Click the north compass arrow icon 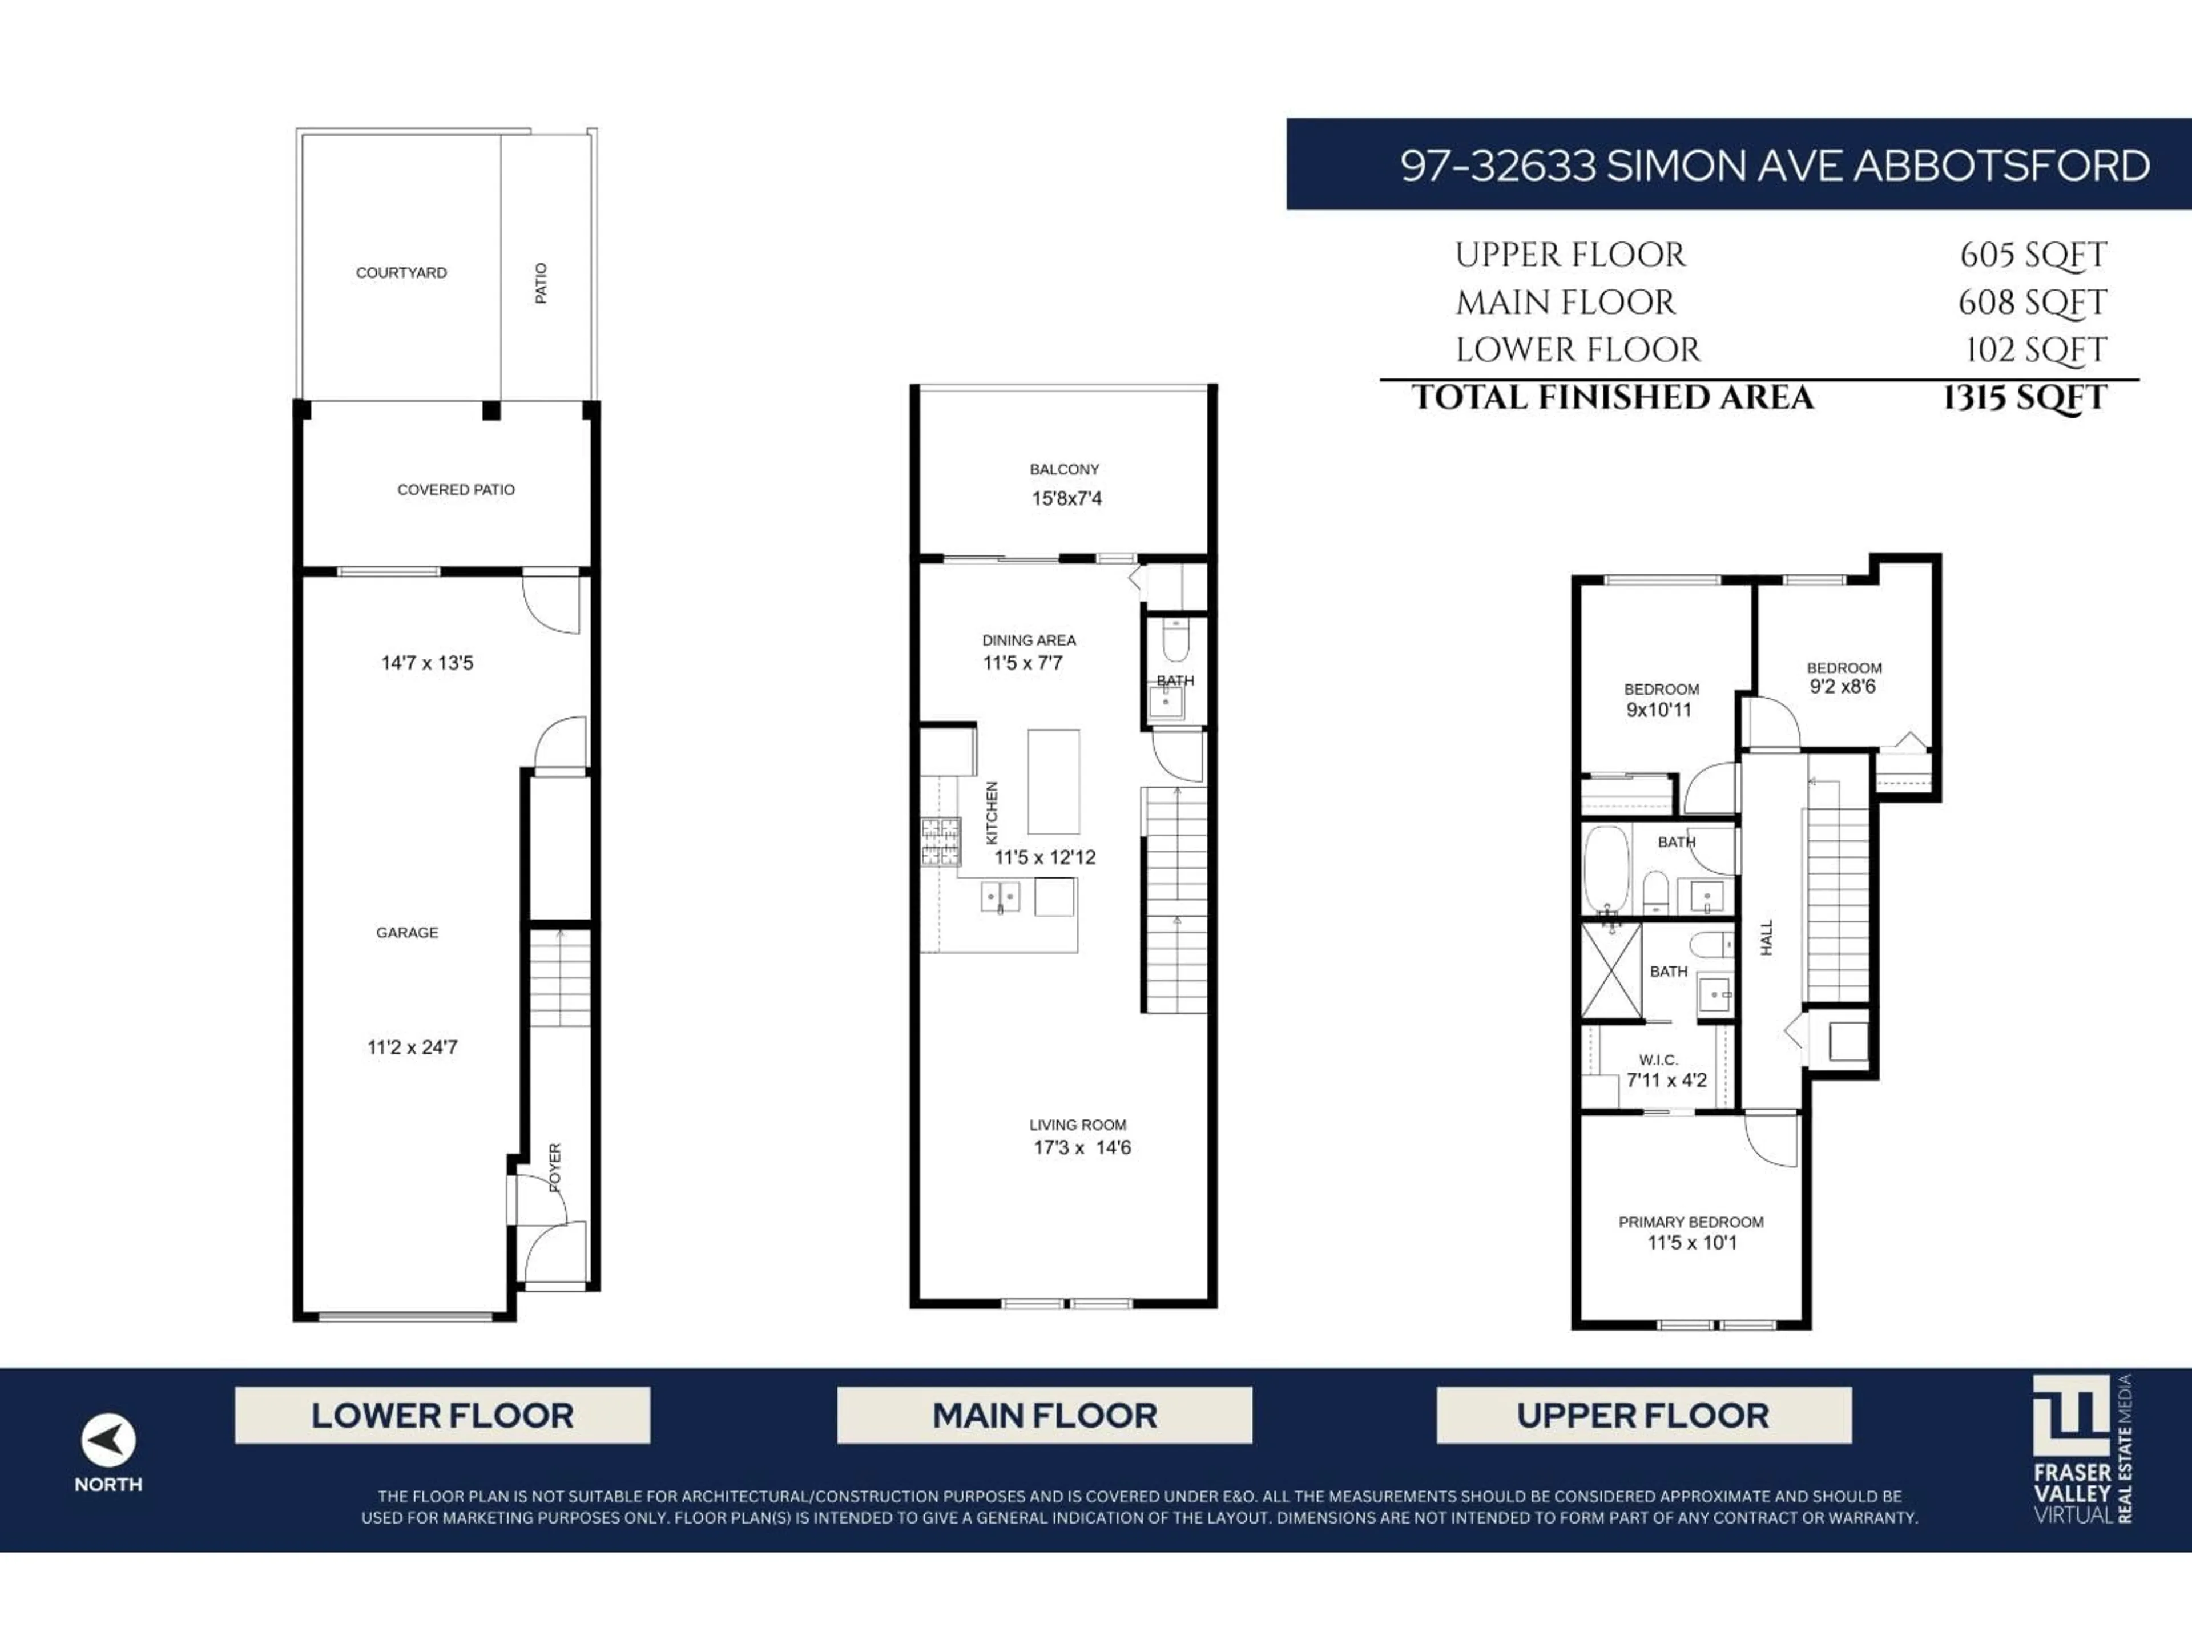[108, 1440]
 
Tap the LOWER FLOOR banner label [442, 1415]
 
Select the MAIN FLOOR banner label [1045, 1415]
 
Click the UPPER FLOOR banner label [1643, 1415]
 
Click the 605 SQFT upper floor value [2033, 255]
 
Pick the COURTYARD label [401, 272]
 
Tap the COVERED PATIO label [456, 490]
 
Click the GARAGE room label [406, 933]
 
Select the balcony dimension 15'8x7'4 [1066, 498]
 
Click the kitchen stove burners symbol [940, 841]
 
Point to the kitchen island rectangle [1053, 782]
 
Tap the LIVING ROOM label [1077, 1125]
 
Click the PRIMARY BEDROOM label [1691, 1222]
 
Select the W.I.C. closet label [1658, 1059]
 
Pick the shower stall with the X [1610, 970]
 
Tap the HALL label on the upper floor [1766, 937]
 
